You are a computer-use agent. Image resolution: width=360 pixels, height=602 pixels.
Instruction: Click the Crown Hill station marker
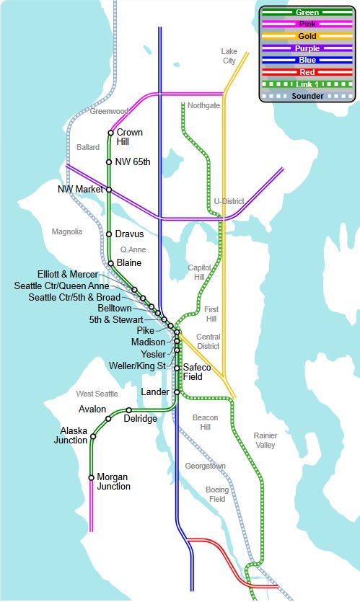tap(110, 133)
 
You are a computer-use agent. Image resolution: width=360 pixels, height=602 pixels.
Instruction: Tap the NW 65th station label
tap(133, 161)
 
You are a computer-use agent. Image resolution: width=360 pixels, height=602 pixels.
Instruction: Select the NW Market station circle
tap(109, 189)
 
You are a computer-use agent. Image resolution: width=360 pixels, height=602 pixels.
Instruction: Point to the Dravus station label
tap(129, 234)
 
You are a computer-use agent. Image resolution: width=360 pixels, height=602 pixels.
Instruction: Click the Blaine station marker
tap(110, 263)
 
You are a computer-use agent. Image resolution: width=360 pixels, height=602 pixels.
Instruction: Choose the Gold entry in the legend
tap(307, 36)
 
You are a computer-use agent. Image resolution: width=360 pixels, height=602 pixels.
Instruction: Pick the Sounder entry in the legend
tap(307, 96)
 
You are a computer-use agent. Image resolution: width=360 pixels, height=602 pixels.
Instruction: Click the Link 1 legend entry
tap(307, 84)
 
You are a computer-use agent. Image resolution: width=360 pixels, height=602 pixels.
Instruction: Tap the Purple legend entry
tap(307, 48)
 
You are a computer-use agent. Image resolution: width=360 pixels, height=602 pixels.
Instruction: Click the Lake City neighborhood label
tap(229, 56)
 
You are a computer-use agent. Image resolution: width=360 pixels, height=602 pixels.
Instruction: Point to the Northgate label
tap(203, 105)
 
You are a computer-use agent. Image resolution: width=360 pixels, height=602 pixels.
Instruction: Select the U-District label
tap(229, 201)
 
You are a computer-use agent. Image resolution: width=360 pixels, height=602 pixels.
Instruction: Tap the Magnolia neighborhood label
tap(67, 231)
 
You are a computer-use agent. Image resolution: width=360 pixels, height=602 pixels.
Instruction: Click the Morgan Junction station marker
tap(91, 477)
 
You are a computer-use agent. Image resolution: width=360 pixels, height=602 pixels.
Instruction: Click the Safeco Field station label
tap(197, 372)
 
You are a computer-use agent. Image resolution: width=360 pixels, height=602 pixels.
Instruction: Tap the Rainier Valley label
tap(264, 440)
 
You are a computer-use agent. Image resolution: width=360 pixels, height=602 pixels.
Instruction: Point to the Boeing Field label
tap(216, 494)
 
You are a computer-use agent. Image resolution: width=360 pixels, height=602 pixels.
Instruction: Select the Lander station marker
tap(176, 392)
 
